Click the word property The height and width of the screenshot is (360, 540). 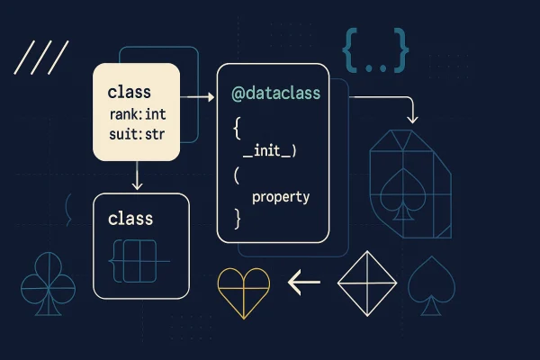click(x=281, y=196)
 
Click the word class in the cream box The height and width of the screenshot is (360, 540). click(x=130, y=92)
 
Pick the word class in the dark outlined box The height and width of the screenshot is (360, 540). click(x=130, y=219)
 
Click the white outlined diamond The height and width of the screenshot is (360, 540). click(x=366, y=283)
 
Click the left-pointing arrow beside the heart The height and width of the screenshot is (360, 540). click(x=304, y=283)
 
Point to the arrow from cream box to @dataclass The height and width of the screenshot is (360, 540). click(x=198, y=95)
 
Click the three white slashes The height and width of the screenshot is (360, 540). click(x=42, y=58)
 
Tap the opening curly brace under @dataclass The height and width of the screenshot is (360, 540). click(x=236, y=128)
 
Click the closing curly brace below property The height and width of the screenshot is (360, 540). click(x=237, y=218)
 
